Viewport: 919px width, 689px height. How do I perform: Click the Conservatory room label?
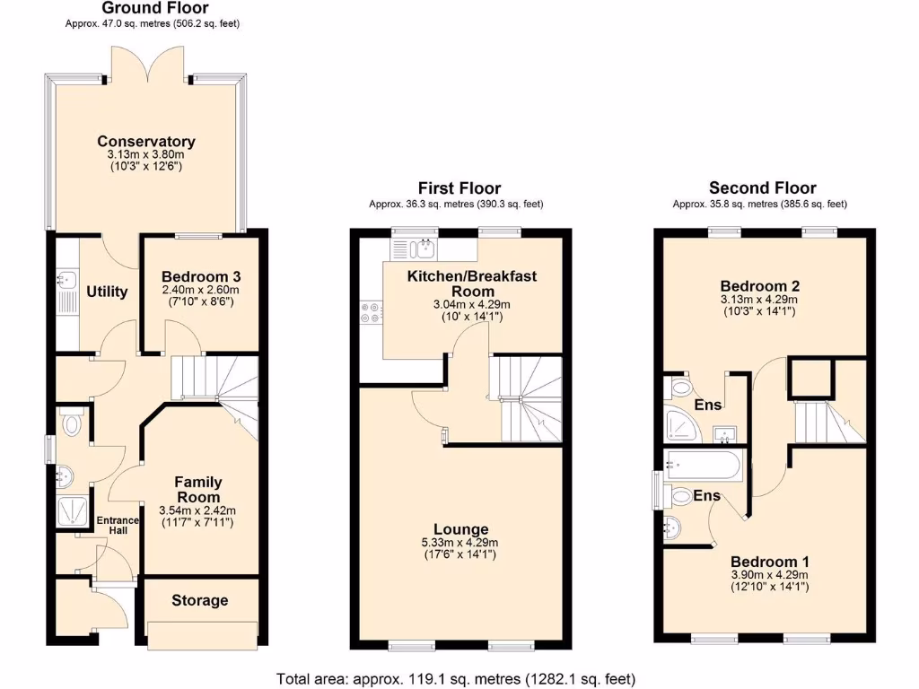146,142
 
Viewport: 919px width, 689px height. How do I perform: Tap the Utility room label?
107,292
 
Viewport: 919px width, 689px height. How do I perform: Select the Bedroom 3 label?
201,277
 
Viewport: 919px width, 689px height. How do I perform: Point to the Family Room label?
198,490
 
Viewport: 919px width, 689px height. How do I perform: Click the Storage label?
200,600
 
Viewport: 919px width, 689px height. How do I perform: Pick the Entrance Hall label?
118,525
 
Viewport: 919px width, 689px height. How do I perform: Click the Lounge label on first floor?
461,529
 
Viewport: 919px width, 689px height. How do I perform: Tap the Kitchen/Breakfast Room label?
472,283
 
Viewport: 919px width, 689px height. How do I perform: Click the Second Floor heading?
762,188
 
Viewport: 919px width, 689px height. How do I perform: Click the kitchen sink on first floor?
419,248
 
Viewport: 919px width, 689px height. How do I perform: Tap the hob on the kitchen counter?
369,311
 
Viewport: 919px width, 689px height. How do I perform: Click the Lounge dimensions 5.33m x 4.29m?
461,543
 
